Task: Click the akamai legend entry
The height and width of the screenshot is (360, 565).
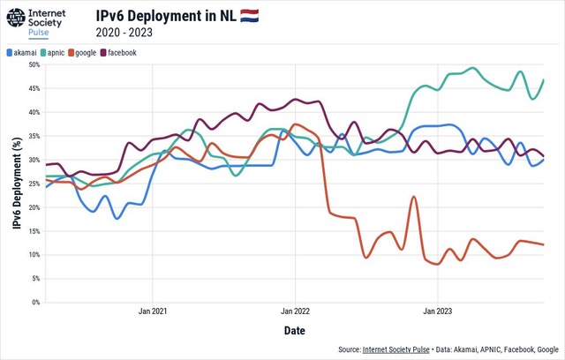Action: coord(24,53)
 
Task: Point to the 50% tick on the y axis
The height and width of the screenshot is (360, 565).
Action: coord(32,64)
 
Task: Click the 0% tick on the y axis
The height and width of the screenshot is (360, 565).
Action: coord(34,303)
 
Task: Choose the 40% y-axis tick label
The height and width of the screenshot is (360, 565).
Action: coord(32,112)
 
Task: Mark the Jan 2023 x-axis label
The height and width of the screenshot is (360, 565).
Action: coord(439,311)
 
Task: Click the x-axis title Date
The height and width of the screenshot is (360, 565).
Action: coord(296,331)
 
